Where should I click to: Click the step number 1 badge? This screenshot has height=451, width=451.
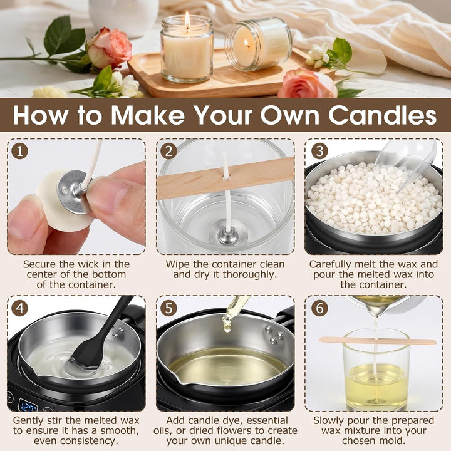coord(19,151)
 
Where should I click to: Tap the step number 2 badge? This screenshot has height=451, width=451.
coord(168,151)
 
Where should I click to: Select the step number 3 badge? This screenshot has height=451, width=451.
coord(319,151)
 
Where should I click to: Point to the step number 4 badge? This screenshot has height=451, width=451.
coord(19,308)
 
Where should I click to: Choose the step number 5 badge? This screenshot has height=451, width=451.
coord(168,308)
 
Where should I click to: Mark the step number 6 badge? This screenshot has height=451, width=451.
coord(319,308)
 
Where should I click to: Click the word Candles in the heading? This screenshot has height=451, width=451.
coord(383,115)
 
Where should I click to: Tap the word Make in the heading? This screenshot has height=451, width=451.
coord(148,115)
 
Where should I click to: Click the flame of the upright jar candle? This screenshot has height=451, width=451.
coord(187,19)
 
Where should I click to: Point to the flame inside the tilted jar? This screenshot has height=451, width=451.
coord(247,44)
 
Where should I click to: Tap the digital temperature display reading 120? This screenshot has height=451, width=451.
coord(28,405)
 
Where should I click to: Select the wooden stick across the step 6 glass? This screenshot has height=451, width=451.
coord(377,341)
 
